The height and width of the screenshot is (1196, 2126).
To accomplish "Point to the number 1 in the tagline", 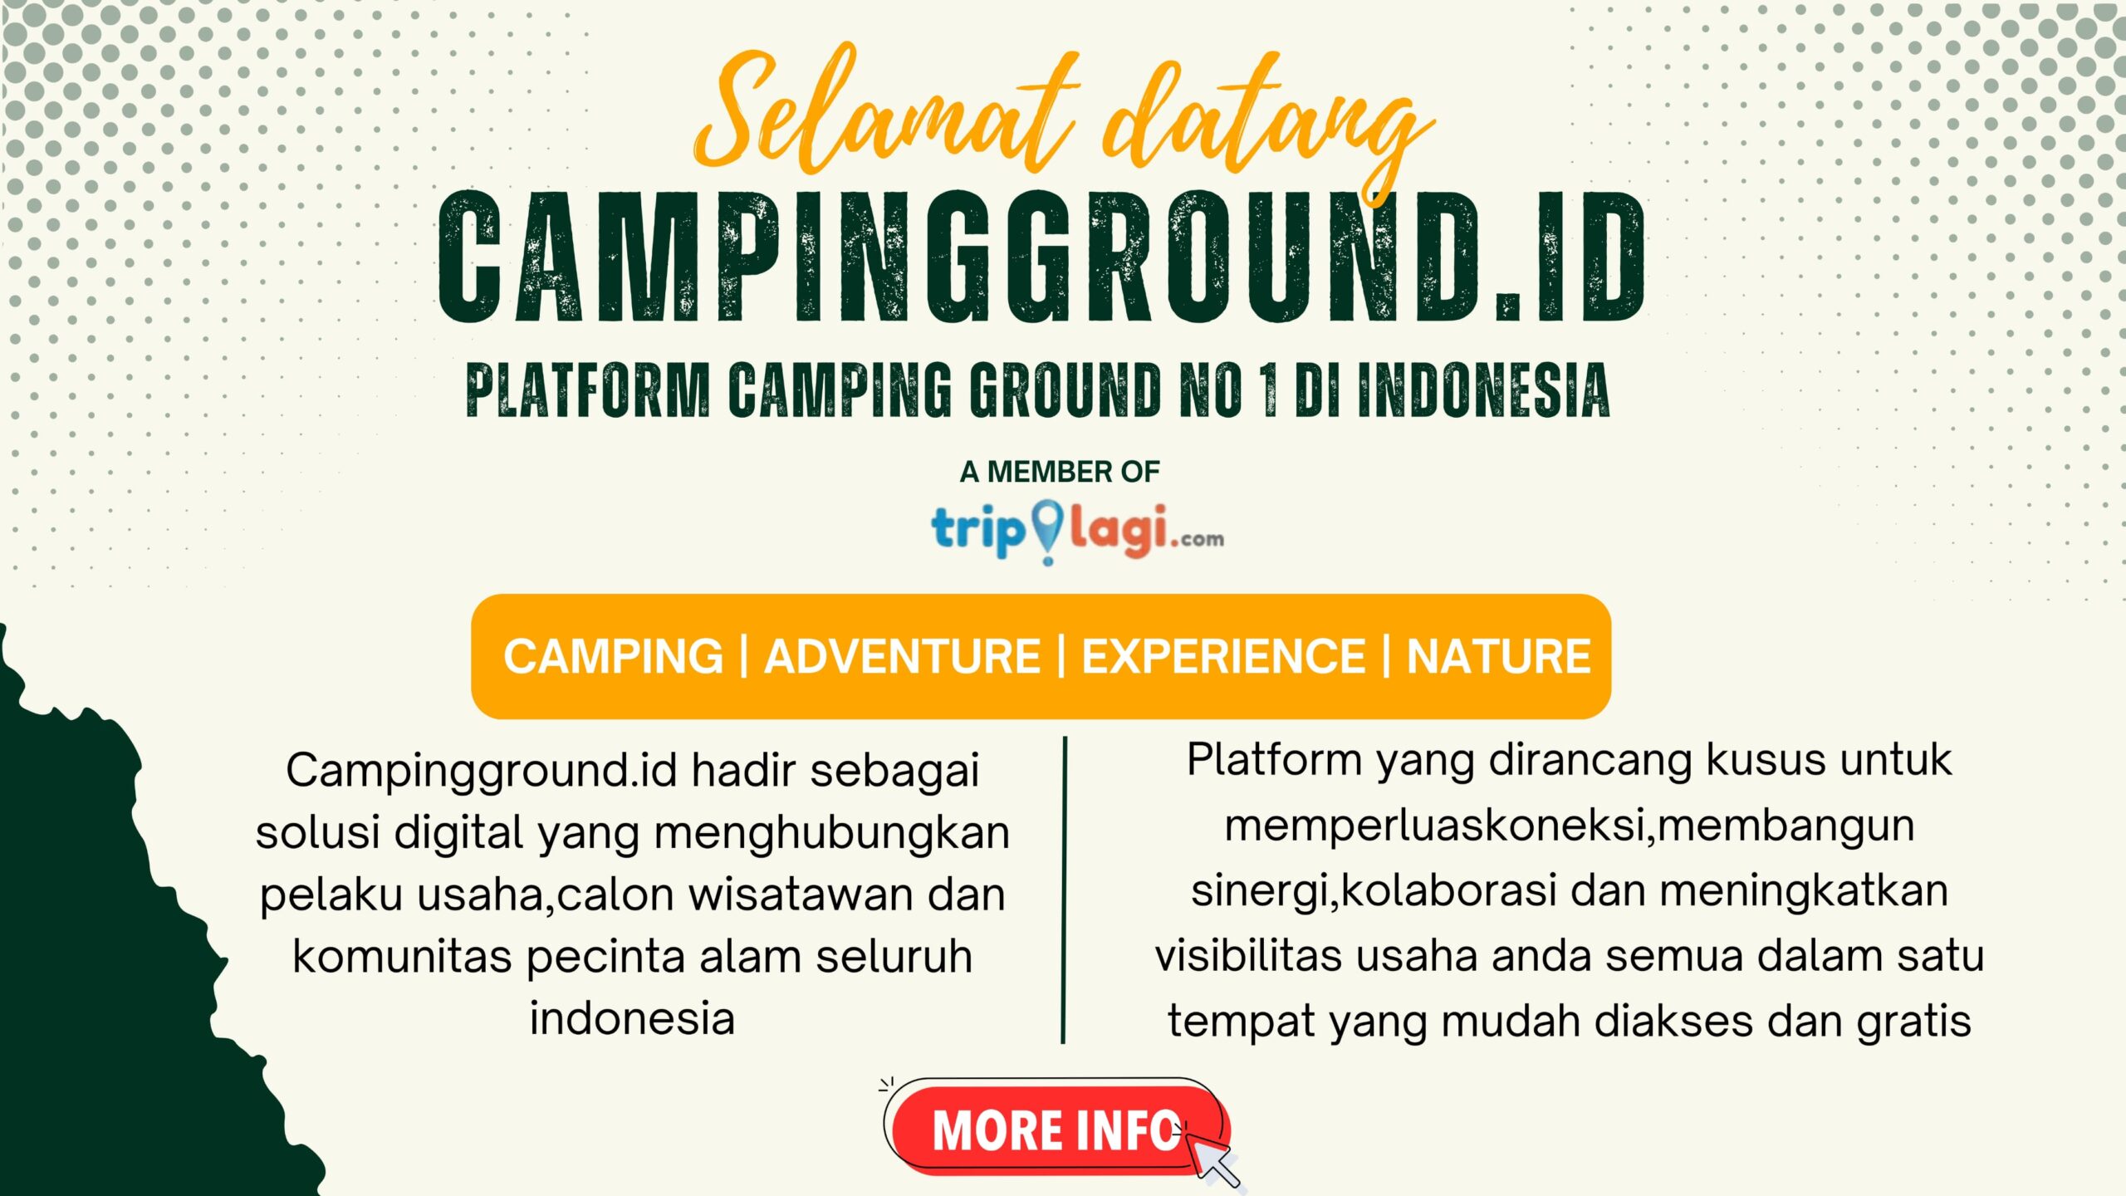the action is (1269, 390).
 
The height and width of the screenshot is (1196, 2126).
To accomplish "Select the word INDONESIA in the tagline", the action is (1484, 390).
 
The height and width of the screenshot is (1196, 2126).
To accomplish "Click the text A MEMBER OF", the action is (1060, 472).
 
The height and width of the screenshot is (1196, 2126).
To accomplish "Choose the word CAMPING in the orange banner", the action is (614, 656).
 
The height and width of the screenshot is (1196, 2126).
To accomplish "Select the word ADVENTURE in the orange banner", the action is (902, 656).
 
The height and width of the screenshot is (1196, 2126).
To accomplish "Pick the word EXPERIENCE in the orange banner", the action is (1223, 656).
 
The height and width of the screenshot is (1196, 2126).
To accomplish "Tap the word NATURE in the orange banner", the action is (1498, 656).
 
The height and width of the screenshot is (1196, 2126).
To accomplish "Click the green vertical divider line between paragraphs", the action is (1064, 889).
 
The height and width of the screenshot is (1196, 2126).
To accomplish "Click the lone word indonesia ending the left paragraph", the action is (632, 1019).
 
